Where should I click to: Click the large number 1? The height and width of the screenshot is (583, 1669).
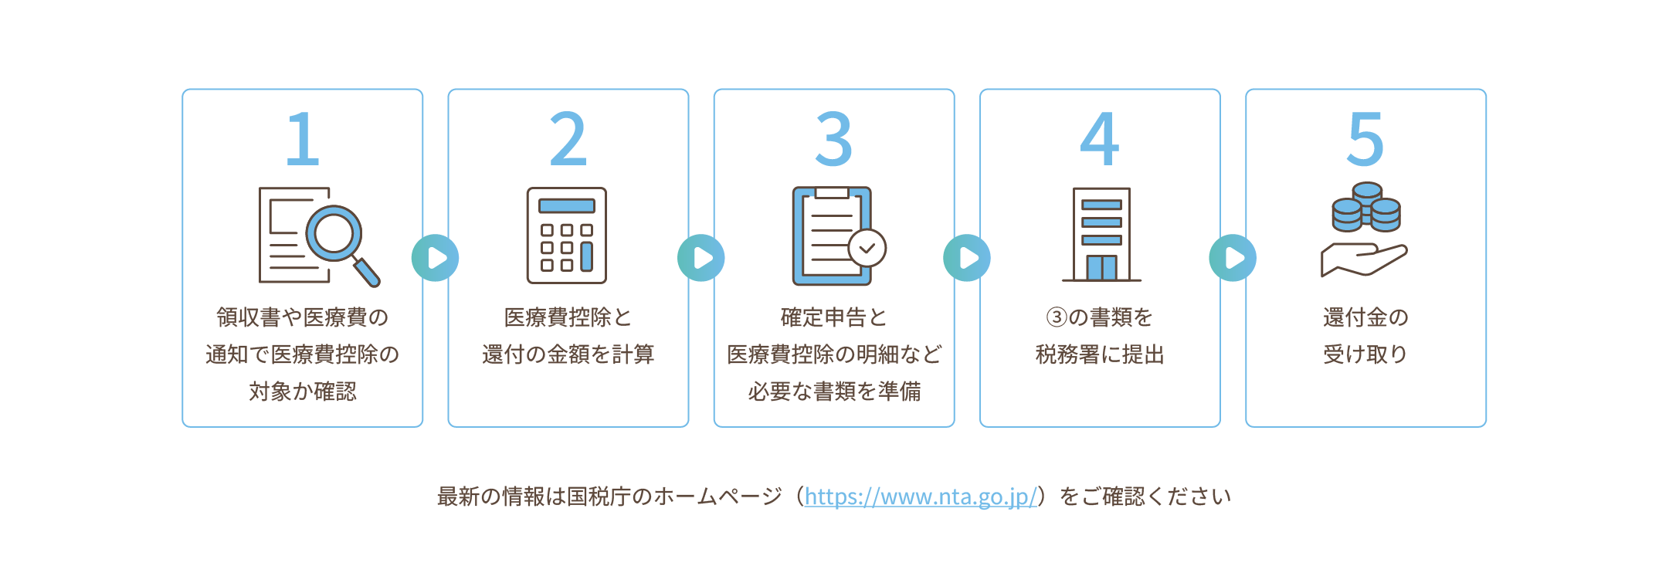(x=302, y=139)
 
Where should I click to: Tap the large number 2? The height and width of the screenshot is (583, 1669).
(x=568, y=139)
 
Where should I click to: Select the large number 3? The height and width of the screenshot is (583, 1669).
(x=833, y=139)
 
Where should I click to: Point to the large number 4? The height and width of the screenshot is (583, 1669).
(x=1099, y=139)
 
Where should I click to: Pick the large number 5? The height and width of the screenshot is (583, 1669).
(x=1365, y=139)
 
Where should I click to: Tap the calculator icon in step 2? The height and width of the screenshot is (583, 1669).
(x=567, y=236)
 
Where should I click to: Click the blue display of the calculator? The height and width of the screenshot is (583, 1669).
(x=567, y=206)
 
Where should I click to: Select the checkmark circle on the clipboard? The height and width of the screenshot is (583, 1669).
(x=867, y=249)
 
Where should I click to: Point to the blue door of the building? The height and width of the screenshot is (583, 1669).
(x=1101, y=267)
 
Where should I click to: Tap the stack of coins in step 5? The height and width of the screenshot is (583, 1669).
(x=1366, y=207)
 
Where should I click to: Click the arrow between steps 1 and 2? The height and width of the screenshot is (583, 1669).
(x=436, y=258)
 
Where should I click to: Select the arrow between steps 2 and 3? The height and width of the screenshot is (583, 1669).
(x=701, y=258)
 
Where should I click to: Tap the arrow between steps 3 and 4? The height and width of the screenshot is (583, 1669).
(x=967, y=258)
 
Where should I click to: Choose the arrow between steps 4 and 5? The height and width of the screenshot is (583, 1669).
(x=1233, y=258)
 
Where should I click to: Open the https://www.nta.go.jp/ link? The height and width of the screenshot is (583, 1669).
(x=920, y=497)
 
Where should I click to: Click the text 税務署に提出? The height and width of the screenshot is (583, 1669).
(x=1100, y=354)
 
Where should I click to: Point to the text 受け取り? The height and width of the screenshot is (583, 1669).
(x=1365, y=354)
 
